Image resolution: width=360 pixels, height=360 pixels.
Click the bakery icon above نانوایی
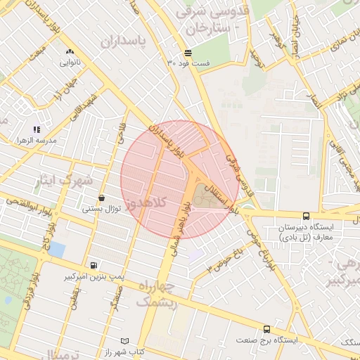70,52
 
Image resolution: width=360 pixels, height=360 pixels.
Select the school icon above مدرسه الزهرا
37,129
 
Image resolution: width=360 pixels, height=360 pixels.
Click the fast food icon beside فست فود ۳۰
188,53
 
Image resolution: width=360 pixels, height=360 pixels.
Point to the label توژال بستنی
103,209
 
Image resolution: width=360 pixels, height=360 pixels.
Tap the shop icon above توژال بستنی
103,198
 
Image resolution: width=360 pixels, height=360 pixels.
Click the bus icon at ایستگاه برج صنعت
266,328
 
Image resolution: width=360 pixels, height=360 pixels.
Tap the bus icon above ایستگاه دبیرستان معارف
306,217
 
